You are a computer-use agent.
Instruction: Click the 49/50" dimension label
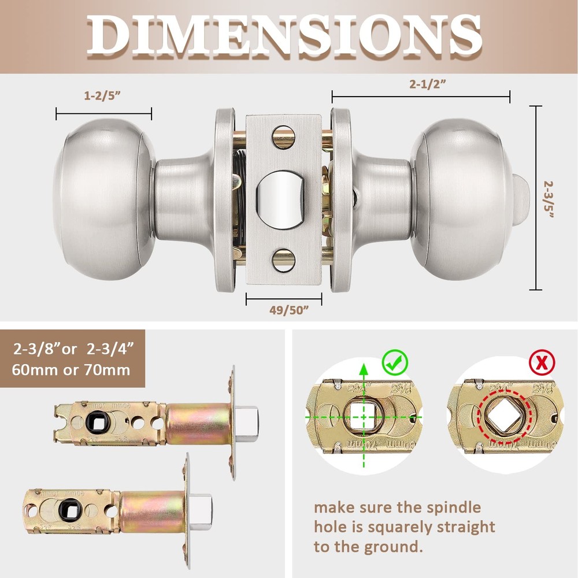click(284, 309)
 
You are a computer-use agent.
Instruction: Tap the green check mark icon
click(395, 362)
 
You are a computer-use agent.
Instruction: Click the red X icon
click(542, 363)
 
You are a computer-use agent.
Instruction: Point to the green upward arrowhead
click(363, 370)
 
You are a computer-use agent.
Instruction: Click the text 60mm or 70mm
click(72, 369)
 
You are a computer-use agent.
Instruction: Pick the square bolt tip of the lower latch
click(202, 505)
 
